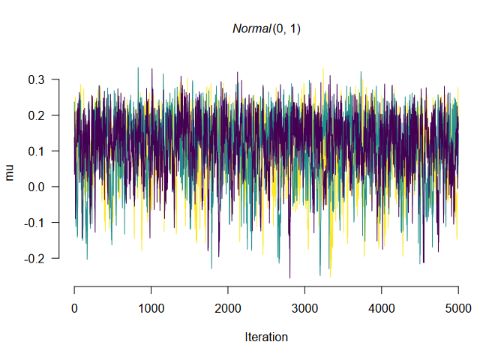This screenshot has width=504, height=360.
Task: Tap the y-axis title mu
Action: click(10, 174)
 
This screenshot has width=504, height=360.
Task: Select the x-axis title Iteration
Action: click(266, 337)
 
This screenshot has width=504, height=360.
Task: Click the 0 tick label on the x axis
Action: click(74, 308)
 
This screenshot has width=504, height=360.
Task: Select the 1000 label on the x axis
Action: click(151, 308)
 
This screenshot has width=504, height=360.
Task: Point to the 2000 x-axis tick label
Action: click(228, 308)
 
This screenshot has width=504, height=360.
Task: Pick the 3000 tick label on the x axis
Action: click(304, 308)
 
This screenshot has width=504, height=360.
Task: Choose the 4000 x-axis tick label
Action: click(381, 308)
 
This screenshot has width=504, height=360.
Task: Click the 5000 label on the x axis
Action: click(457, 308)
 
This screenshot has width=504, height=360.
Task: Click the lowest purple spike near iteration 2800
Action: click(289, 277)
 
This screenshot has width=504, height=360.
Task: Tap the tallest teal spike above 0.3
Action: click(137, 68)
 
